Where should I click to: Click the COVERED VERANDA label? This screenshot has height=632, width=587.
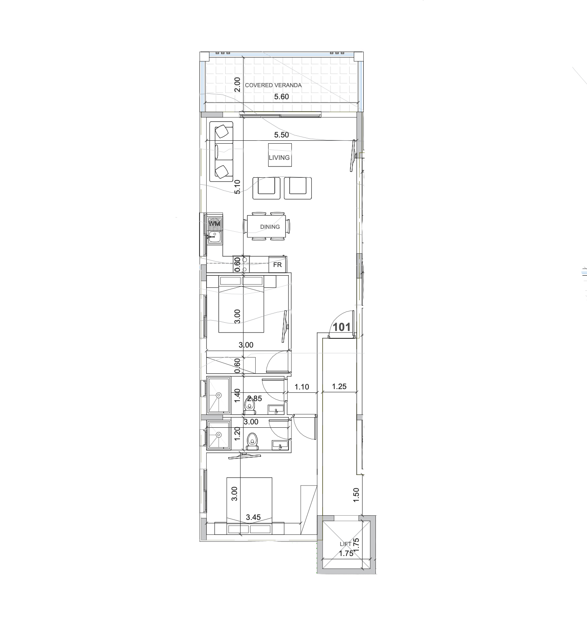pyautogui.click(x=273, y=85)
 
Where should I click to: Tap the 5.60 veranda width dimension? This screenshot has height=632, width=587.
pyautogui.click(x=281, y=97)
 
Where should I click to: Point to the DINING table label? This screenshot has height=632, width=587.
pyautogui.click(x=270, y=227)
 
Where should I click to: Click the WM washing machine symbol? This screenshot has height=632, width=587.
pyautogui.click(x=215, y=223)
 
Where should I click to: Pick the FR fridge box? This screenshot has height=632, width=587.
pyautogui.click(x=277, y=265)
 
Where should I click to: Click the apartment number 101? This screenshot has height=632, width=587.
pyautogui.click(x=342, y=327)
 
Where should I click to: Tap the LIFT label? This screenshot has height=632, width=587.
pyautogui.click(x=345, y=544)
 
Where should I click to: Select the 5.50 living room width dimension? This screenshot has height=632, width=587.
pyautogui.click(x=281, y=135)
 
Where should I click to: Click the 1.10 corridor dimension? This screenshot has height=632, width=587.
pyautogui.click(x=302, y=387)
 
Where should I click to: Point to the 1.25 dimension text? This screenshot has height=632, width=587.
pyautogui.click(x=339, y=387)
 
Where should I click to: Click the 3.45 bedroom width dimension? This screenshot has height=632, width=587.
pyautogui.click(x=253, y=517)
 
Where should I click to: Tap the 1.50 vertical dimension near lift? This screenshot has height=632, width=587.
pyautogui.click(x=356, y=495)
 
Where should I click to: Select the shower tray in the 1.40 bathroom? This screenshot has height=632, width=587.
pyautogui.click(x=218, y=395)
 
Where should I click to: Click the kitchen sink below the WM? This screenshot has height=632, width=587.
pyautogui.click(x=215, y=237)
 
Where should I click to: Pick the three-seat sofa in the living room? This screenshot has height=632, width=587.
pyautogui.click(x=222, y=152)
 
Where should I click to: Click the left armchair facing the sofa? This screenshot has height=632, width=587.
pyautogui.click(x=266, y=188)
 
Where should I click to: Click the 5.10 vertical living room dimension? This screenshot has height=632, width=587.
pyautogui.click(x=237, y=187)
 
